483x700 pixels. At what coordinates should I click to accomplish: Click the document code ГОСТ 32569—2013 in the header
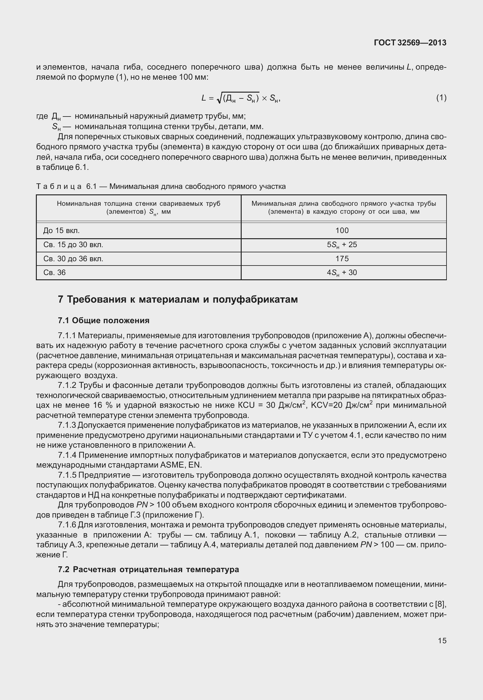point(410,43)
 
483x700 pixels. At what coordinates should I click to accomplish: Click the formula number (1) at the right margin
point(441,98)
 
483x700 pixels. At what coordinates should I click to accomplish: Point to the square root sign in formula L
point(219,98)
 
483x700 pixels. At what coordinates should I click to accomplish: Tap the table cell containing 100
point(342,231)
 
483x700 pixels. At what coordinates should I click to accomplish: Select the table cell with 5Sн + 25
point(342,245)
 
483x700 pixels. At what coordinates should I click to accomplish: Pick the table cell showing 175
point(342,259)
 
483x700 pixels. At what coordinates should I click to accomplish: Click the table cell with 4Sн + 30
point(342,273)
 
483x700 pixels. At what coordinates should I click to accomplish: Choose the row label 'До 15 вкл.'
point(61,231)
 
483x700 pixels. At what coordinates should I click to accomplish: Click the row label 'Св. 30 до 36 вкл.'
point(73,259)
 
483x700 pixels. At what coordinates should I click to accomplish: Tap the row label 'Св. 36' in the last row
point(55,273)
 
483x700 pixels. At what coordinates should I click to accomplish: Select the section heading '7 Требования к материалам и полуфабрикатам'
point(178,299)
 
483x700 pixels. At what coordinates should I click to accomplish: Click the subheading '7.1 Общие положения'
point(104,320)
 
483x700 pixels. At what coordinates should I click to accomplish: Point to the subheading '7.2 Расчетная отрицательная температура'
point(148,569)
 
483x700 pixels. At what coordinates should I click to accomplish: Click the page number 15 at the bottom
point(442,641)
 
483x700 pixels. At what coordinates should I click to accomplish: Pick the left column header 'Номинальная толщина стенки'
point(138,204)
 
